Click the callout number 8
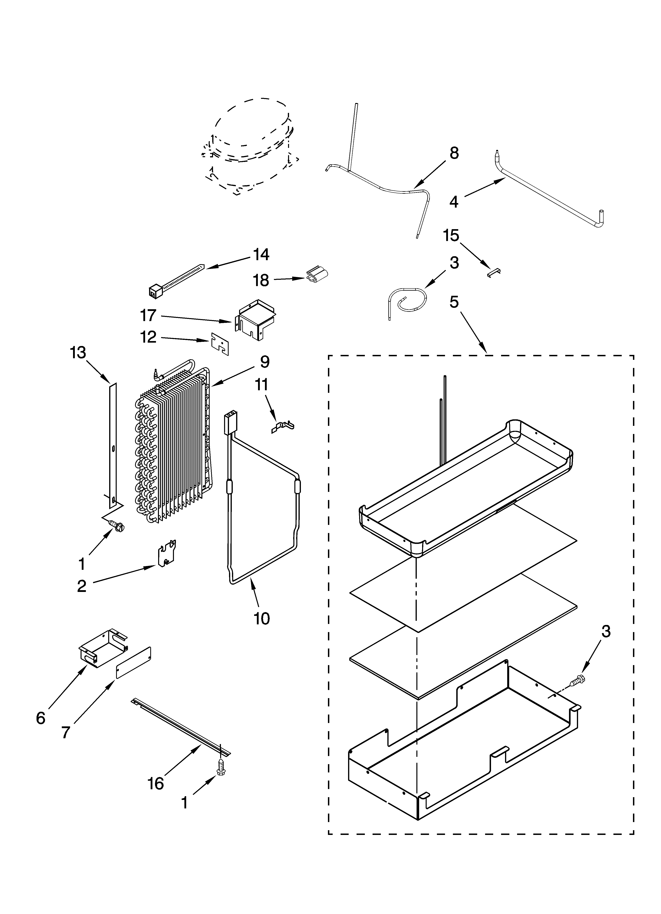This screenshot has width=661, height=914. (454, 153)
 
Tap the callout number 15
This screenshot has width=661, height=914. (451, 236)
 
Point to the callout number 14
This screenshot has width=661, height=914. (261, 255)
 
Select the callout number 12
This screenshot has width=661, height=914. (148, 337)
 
